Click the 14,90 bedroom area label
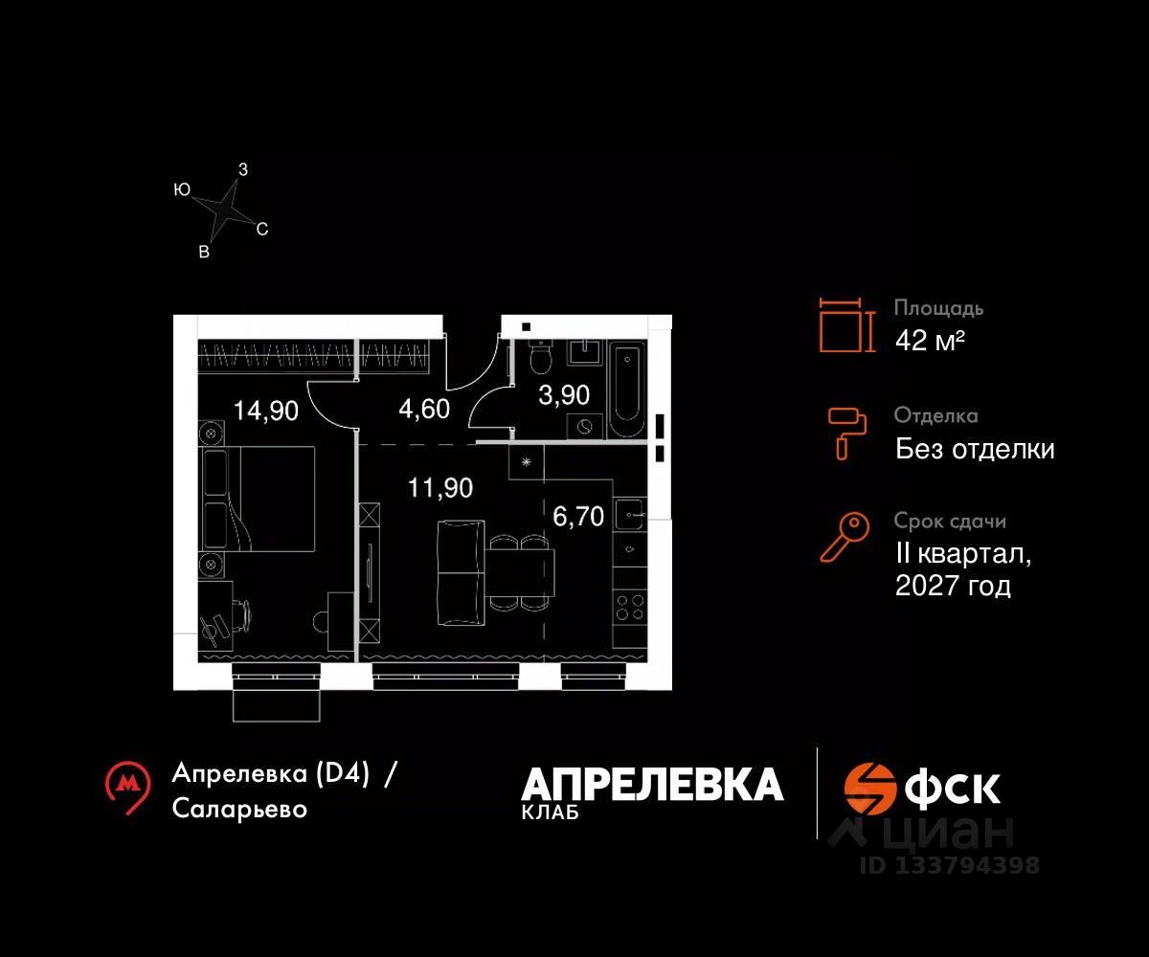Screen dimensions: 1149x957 point(266,412)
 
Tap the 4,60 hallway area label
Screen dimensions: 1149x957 point(424,412)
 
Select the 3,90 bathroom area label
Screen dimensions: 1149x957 point(564,394)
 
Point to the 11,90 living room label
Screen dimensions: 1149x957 point(440,488)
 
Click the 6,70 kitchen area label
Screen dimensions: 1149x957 point(578,517)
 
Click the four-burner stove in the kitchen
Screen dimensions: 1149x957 point(630,608)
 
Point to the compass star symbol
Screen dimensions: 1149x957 point(224,211)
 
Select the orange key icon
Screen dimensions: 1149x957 point(845,537)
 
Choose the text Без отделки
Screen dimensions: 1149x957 point(975,449)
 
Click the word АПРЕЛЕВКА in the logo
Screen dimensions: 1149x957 point(652,785)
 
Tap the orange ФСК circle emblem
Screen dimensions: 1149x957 point(869,787)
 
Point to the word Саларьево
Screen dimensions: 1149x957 point(240,809)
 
